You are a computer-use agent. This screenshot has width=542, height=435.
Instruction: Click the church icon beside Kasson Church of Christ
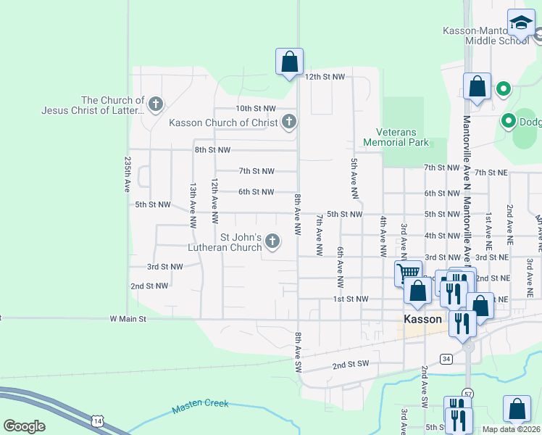click(x=289, y=122)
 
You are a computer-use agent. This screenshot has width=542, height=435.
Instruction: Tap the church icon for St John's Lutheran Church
click(x=272, y=241)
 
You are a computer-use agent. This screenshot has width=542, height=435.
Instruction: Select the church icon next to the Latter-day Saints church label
click(x=155, y=105)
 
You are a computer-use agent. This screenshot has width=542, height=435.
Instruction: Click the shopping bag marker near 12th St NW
click(x=289, y=62)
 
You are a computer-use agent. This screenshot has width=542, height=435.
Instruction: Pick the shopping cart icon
click(x=408, y=273)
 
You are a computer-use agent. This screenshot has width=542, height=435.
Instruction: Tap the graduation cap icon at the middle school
click(x=520, y=23)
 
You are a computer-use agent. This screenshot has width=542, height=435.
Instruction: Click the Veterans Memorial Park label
click(x=402, y=138)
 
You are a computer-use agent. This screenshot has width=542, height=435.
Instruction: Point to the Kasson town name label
click(x=423, y=320)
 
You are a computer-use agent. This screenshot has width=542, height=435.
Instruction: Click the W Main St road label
click(x=128, y=318)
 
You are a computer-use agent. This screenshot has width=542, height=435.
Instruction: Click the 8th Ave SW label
click(x=297, y=352)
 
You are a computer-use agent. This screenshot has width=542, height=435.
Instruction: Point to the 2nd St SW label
click(x=350, y=364)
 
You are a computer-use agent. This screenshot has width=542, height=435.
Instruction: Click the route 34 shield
click(x=446, y=359)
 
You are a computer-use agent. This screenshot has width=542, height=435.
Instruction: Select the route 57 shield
click(x=468, y=394)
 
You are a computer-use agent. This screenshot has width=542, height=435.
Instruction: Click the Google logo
click(x=24, y=426)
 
